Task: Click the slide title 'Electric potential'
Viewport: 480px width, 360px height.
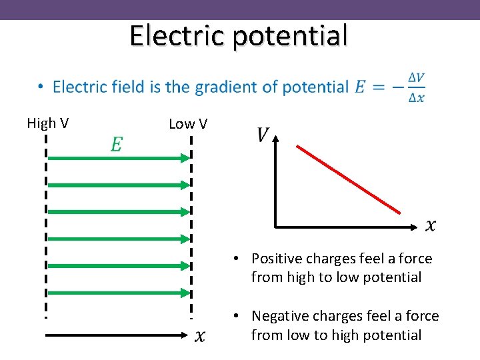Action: coord(239,35)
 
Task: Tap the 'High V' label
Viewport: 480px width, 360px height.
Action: coord(49,123)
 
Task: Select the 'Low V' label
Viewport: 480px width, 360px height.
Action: coord(188,124)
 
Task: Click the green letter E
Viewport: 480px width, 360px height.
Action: coord(116,145)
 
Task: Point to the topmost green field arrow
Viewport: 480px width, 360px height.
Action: coord(119,158)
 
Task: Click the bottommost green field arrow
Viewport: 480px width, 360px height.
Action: coord(119,292)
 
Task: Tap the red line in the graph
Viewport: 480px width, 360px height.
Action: coord(348,179)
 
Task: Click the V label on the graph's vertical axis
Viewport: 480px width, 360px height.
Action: coord(262,135)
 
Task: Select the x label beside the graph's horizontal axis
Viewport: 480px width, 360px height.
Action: coord(431,226)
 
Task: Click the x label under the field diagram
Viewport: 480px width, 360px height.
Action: coord(199,335)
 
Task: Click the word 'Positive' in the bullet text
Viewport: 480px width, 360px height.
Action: coord(277,259)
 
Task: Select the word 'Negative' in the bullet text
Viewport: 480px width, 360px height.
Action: coord(279,316)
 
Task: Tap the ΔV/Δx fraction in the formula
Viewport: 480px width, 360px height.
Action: coord(416,87)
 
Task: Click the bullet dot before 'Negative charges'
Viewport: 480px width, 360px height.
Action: coord(237,316)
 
